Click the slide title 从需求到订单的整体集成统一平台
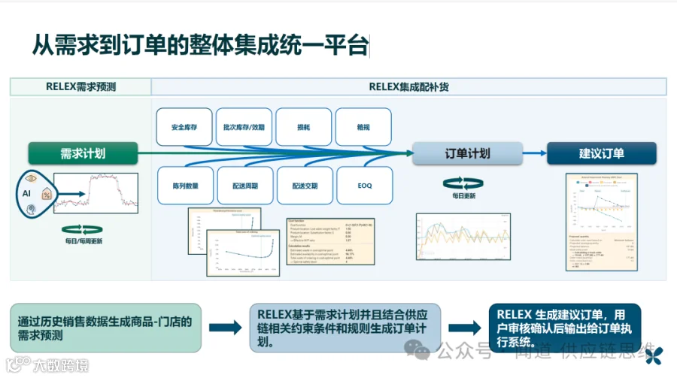(x=200, y=47)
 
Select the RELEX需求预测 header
(x=80, y=86)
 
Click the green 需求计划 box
(x=83, y=153)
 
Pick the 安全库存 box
(x=184, y=127)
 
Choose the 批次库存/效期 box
(x=244, y=127)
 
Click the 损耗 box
(x=304, y=127)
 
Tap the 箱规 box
(x=363, y=127)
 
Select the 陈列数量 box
(x=184, y=185)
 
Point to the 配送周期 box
(x=244, y=185)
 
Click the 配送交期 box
(x=304, y=185)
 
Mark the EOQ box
(x=364, y=185)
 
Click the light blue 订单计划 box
(x=468, y=153)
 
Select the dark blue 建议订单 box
(x=602, y=153)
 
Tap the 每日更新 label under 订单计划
(x=463, y=196)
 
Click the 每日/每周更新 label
(x=83, y=241)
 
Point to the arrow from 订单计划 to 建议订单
(x=534, y=153)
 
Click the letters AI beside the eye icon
(x=25, y=193)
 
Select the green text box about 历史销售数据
(x=105, y=328)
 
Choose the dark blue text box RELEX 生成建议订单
(x=564, y=328)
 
